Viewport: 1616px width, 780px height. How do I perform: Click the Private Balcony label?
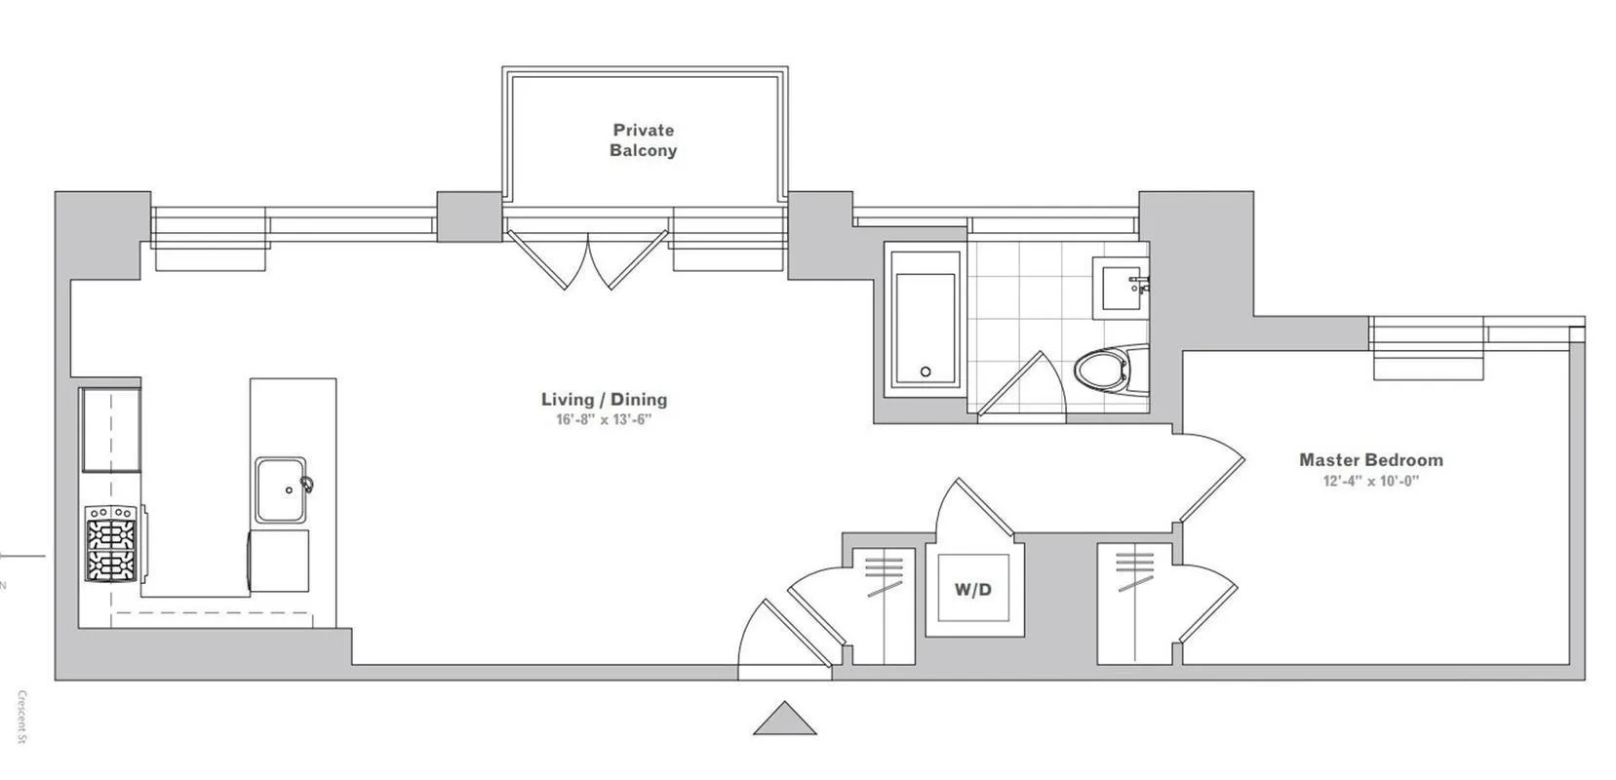tap(644, 140)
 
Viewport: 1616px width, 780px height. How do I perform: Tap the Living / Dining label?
tap(604, 399)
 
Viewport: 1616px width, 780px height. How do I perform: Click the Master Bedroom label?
tap(1370, 460)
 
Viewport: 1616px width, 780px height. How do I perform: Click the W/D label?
tap(972, 589)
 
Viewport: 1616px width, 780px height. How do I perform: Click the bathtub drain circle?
tap(925, 371)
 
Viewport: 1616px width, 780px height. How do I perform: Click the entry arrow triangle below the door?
tap(784, 720)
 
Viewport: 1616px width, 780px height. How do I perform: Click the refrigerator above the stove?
tap(110, 429)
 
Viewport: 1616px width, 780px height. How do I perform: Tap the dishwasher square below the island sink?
tap(280, 561)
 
